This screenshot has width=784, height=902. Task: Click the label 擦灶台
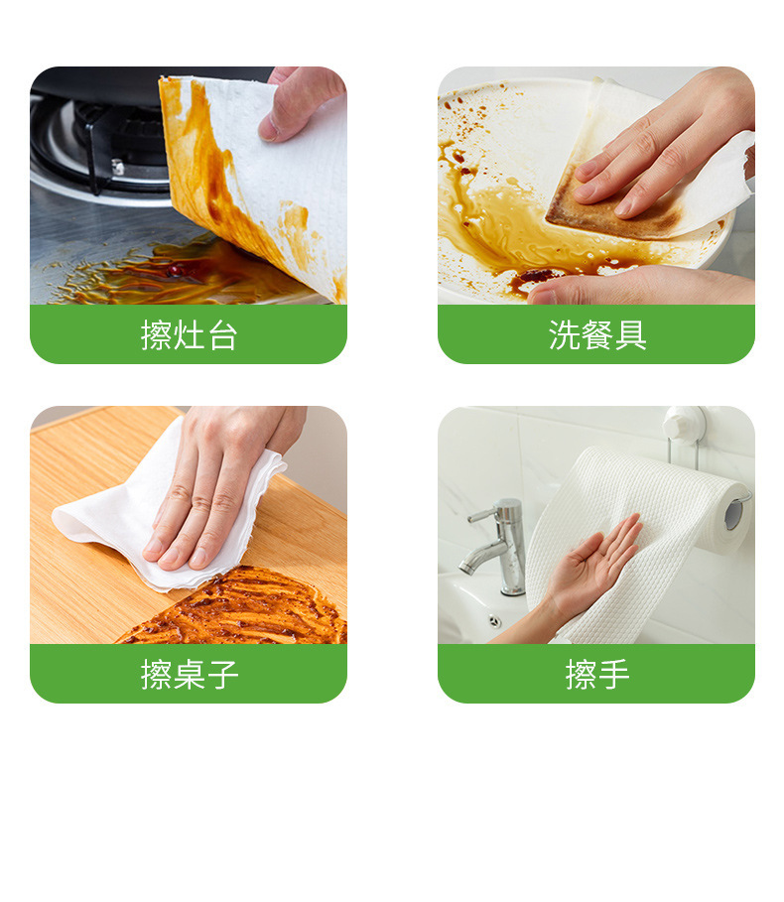coord(189,335)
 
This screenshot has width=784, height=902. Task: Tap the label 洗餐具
coord(597,335)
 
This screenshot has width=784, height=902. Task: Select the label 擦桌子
coord(189,675)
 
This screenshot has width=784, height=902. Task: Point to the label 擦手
coord(597,675)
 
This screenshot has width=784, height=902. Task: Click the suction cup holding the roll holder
coord(685,422)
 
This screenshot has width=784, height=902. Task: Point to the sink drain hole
coord(494,621)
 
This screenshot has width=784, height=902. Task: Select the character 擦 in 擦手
coord(581,675)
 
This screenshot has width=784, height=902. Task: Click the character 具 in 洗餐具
coord(630,335)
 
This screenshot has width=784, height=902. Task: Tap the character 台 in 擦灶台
coord(222,335)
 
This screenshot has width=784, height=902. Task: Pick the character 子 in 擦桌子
coord(222,675)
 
